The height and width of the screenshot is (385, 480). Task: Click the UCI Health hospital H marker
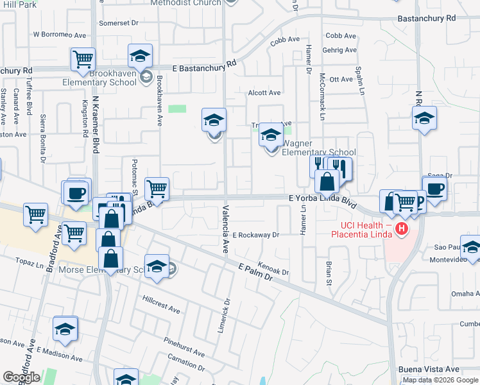click(402, 228)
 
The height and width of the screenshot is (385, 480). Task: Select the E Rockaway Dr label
click(256, 235)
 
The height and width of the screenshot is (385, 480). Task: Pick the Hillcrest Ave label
click(161, 304)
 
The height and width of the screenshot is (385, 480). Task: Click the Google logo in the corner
click(21, 377)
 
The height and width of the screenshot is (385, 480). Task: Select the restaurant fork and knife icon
click(319, 166)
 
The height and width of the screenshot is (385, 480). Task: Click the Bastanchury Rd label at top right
click(426, 18)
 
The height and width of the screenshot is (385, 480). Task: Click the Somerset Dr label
click(119, 23)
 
